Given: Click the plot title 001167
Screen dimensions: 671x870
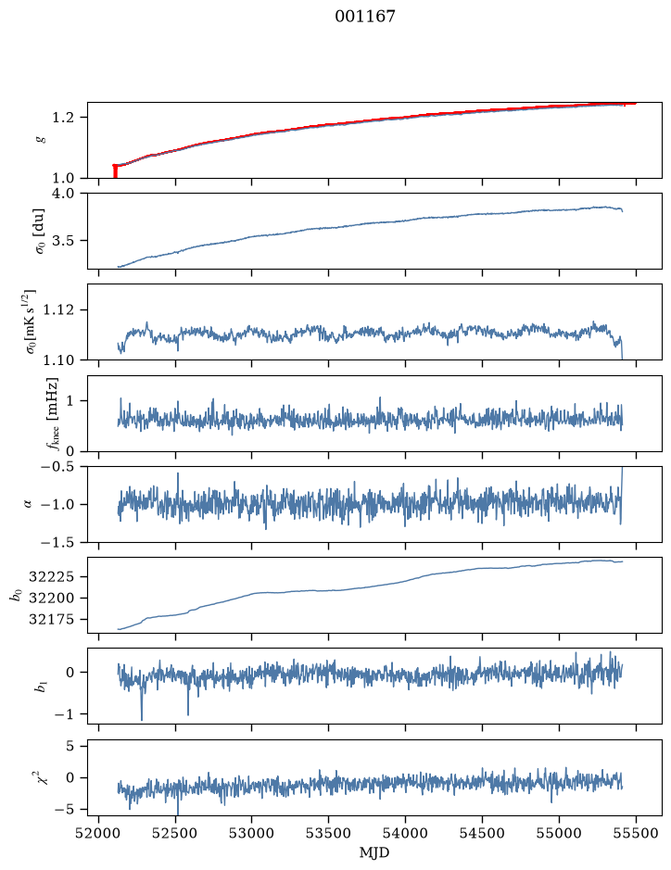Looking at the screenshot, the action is [364, 16].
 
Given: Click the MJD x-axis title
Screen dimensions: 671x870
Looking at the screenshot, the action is [374, 852].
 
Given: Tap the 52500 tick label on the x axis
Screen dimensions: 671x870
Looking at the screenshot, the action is [175, 833].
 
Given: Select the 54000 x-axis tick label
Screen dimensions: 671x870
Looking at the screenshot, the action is [405, 833].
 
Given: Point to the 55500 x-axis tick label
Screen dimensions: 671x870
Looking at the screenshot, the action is [636, 833].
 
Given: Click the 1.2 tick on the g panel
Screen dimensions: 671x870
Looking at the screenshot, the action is [63, 118].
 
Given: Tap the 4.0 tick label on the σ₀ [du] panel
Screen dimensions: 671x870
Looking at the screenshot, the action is [63, 194].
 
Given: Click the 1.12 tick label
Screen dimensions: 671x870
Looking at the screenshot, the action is [58, 309].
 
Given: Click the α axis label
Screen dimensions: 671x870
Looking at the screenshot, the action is [29, 504].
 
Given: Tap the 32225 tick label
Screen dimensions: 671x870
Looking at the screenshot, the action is [51, 577].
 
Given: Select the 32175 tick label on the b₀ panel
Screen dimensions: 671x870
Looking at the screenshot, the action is [51, 619].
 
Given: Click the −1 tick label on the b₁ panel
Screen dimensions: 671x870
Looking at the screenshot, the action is [64, 714].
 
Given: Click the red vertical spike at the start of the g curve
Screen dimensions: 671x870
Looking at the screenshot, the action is [115, 170].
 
